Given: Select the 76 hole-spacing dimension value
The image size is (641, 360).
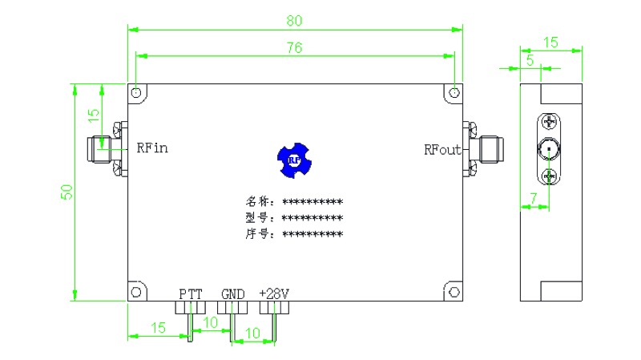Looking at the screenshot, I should [x=294, y=47].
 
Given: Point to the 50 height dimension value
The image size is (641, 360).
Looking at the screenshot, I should [x=67, y=192].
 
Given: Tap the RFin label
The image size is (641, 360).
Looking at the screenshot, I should [x=151, y=148].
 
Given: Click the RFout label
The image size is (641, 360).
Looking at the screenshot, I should [x=442, y=149].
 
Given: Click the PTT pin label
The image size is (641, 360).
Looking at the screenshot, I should [x=191, y=293].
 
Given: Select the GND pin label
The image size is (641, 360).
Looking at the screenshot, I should [x=232, y=293].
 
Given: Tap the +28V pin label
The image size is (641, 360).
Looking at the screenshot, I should [x=273, y=293].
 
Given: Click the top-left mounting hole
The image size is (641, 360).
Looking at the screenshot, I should [x=137, y=93].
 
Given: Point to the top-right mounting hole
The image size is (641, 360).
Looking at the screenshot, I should [x=454, y=93].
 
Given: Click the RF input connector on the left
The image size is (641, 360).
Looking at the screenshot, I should [x=103, y=148].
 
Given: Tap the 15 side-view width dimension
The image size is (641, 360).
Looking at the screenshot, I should [x=550, y=42].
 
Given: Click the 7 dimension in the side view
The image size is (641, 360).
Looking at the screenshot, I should [x=533, y=197].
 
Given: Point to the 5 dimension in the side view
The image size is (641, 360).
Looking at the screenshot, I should [x=530, y=61].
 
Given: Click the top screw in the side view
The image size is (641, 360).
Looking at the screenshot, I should [x=548, y=122].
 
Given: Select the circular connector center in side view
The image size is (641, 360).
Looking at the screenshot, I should [x=548, y=149].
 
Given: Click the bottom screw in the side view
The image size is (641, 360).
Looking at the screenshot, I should [x=548, y=176].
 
